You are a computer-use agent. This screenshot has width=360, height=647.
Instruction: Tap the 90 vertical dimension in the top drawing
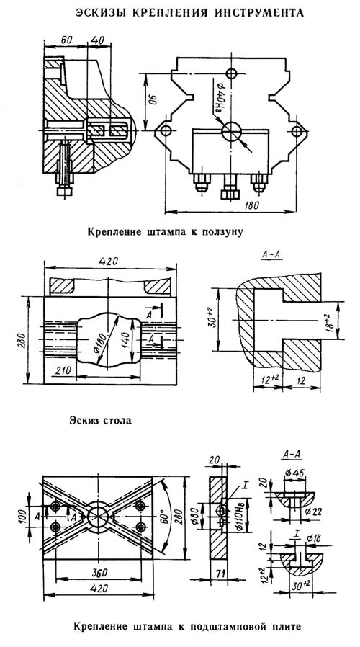151,102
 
